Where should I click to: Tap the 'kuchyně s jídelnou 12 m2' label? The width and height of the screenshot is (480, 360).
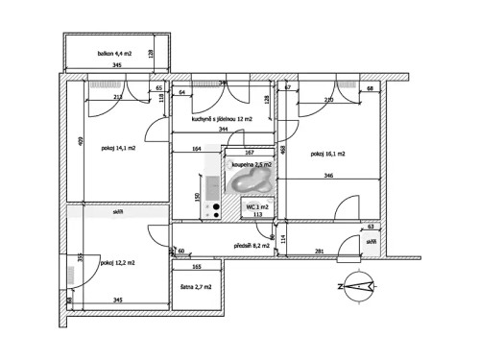pyautogui.click(x=222, y=119)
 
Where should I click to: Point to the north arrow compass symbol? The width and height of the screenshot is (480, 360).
pyautogui.click(x=359, y=286)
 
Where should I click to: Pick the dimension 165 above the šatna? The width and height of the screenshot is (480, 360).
pyautogui.click(x=196, y=266)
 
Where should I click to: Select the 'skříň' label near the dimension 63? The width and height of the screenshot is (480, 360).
pyautogui.click(x=370, y=242)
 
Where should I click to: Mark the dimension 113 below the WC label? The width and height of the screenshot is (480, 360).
pyautogui.click(x=257, y=216)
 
